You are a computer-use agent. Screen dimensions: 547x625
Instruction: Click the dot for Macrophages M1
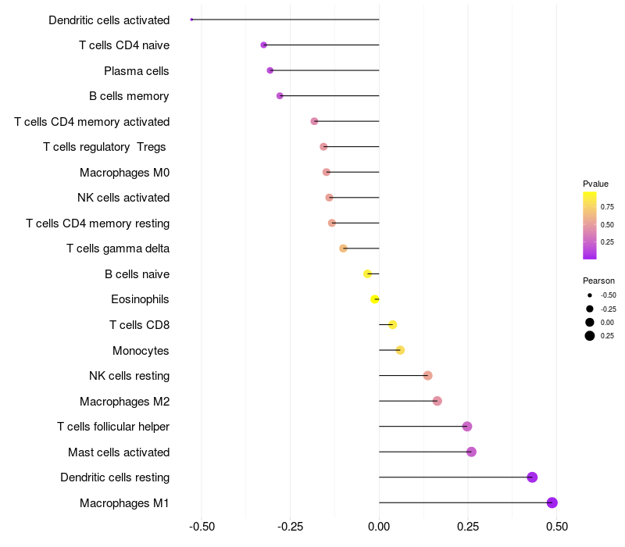[552, 502]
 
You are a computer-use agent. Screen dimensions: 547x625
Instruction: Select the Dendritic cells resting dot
[532, 477]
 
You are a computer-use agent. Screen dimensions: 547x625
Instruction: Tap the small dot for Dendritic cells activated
[191, 20]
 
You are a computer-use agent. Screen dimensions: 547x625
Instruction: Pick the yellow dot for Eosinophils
[375, 299]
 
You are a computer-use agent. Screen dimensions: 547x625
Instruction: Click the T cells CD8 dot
[392, 324]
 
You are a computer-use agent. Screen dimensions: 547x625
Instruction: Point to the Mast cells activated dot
[471, 452]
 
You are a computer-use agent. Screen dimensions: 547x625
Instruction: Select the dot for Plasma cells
[270, 70]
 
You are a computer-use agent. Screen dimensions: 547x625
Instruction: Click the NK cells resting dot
[427, 376]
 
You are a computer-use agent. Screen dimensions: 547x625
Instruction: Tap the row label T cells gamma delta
[118, 248]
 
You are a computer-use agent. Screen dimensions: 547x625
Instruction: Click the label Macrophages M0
[124, 172]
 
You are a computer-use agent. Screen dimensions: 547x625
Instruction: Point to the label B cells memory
[129, 96]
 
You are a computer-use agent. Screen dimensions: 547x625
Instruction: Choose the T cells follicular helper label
[113, 427]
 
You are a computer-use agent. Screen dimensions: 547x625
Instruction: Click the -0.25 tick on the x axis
[291, 527]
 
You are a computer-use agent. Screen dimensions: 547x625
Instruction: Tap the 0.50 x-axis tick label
[557, 527]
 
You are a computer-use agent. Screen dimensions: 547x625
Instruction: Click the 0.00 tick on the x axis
[379, 527]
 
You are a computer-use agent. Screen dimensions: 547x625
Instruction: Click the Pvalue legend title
[595, 184]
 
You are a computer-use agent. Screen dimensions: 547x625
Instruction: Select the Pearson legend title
[598, 281]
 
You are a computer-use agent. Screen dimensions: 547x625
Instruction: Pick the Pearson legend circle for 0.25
[590, 336]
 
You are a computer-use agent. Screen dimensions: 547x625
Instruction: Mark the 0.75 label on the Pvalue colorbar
[607, 207]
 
